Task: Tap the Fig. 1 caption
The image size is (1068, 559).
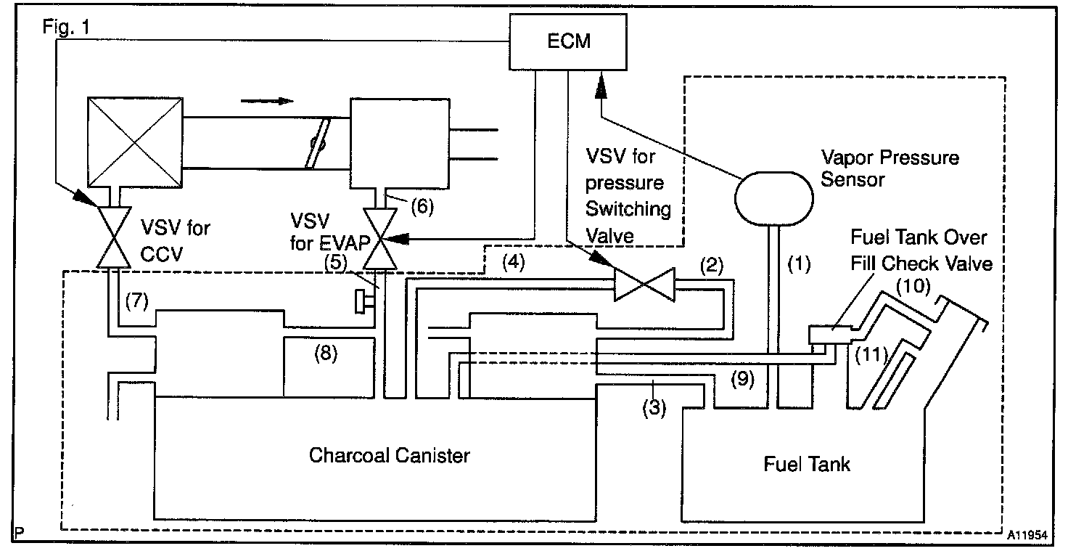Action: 66,27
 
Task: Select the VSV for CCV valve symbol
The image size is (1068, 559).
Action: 114,237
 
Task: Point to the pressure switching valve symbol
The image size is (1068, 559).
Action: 644,285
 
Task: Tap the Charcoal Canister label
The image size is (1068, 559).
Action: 389,455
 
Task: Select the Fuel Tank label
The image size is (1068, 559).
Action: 806,464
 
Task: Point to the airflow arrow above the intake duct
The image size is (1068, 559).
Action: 266,101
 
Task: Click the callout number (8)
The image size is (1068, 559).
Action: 326,354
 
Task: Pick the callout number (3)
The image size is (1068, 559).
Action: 654,408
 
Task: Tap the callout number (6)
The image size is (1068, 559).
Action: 422,206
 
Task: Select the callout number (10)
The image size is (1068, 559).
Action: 913,287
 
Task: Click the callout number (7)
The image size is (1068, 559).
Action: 137,301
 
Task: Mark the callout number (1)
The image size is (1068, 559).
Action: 799,264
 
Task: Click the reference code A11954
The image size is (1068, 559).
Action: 1027,535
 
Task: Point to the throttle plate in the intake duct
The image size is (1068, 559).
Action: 317,143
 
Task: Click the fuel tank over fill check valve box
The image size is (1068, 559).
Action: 830,335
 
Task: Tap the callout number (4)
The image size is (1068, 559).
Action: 514,262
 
